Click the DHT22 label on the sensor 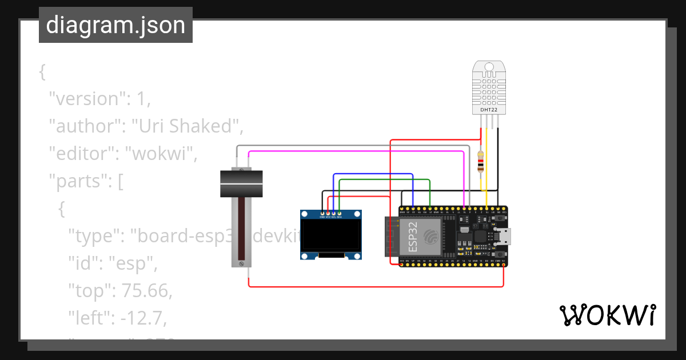[x=488, y=109]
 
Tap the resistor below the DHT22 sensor [x=481, y=162]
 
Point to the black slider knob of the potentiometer [x=242, y=183]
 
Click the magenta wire [x=354, y=151]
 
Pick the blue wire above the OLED [x=372, y=174]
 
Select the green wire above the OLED [x=383, y=179]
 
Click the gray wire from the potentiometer [x=354, y=146]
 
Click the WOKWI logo [x=607, y=315]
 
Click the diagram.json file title [x=115, y=25]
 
